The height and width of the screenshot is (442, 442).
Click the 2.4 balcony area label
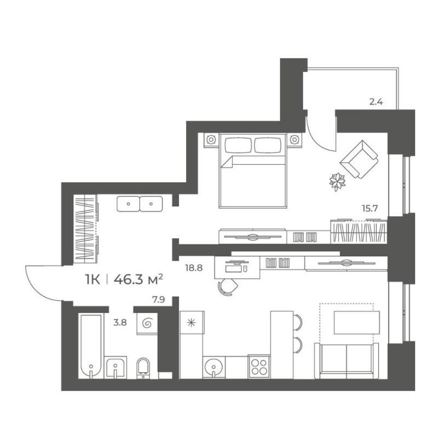[x=376, y=102]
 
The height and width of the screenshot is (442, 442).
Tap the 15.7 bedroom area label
[x=370, y=209]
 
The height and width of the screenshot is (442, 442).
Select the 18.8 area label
[x=194, y=268]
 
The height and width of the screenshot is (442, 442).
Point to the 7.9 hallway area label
[x=158, y=300]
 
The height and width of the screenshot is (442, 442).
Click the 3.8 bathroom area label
[x=120, y=323]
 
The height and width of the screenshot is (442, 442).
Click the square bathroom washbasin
[x=115, y=367]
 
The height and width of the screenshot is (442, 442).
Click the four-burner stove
[x=259, y=366]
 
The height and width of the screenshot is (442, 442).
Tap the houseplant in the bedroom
[x=337, y=181]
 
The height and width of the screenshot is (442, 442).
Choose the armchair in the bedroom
[x=359, y=160]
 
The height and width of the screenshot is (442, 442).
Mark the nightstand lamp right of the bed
[x=294, y=139]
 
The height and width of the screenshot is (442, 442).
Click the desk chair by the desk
[x=228, y=287]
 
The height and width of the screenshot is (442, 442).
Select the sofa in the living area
[x=347, y=361]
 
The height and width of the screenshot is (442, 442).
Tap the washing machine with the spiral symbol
[x=147, y=324]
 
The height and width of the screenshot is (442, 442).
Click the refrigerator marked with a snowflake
[x=192, y=323]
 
